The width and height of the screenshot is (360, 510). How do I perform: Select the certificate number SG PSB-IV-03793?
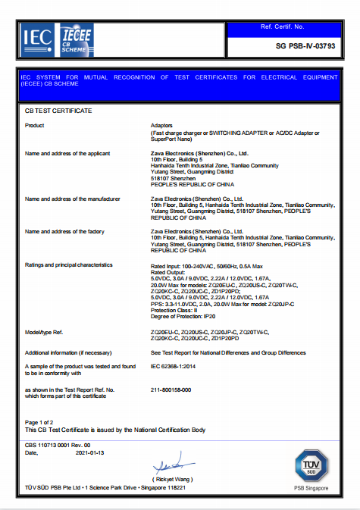[296, 46]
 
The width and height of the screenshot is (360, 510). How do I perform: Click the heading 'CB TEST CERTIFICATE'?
[58, 111]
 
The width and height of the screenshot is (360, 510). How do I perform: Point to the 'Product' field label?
[35, 124]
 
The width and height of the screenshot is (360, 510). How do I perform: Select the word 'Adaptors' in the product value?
[164, 124]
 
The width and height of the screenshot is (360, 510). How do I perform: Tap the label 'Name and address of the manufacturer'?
[73, 199]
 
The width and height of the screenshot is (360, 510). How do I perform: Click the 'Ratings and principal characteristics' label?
[69, 265]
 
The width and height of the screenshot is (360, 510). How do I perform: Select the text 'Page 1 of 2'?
[39, 422]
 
